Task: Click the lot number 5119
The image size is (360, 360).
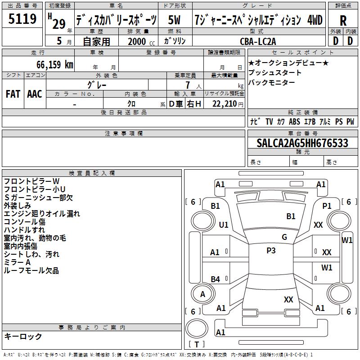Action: [x=22, y=19]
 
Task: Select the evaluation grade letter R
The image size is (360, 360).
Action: [x=343, y=21]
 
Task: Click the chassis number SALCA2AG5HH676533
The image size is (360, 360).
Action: [x=302, y=143]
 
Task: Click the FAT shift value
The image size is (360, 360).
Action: [x=13, y=94]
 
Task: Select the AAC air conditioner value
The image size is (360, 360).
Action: [x=35, y=94]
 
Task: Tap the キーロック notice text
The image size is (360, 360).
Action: [x=23, y=337]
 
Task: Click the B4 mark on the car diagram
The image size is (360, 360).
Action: [x=216, y=279]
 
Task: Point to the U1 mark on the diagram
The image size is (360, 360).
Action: [x=224, y=225]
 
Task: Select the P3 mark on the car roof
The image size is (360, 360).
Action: [x=271, y=251]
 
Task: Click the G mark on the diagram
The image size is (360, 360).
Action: [x=284, y=237]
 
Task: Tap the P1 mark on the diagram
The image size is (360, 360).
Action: [x=327, y=206]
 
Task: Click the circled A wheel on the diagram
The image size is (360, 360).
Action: [x=202, y=294]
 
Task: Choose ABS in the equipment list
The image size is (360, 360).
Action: [x=294, y=121]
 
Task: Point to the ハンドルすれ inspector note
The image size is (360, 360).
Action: [x=24, y=230]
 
